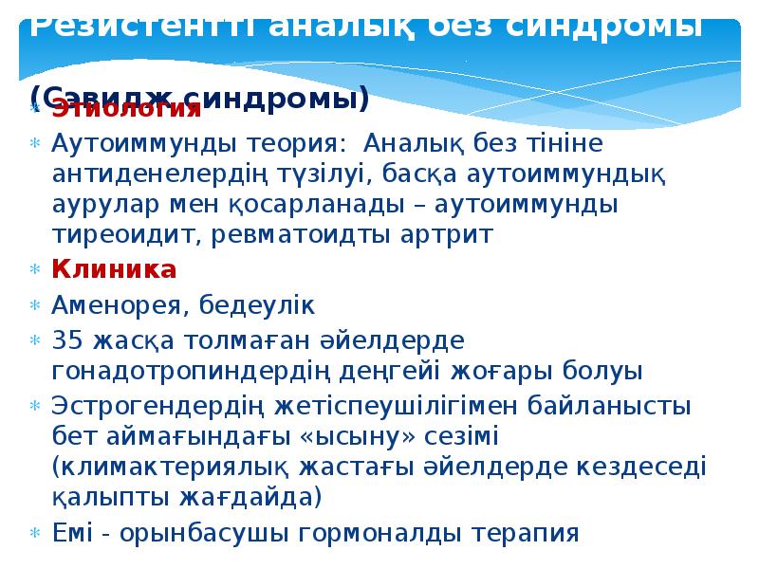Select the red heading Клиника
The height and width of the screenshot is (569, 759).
coord(114,269)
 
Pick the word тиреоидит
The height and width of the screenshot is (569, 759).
coord(115,235)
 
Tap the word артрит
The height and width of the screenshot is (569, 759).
coord(447,235)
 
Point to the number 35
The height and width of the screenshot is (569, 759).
coord(66,340)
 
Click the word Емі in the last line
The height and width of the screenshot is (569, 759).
coord(71,533)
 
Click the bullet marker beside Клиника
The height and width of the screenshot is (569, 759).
coord(35,270)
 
